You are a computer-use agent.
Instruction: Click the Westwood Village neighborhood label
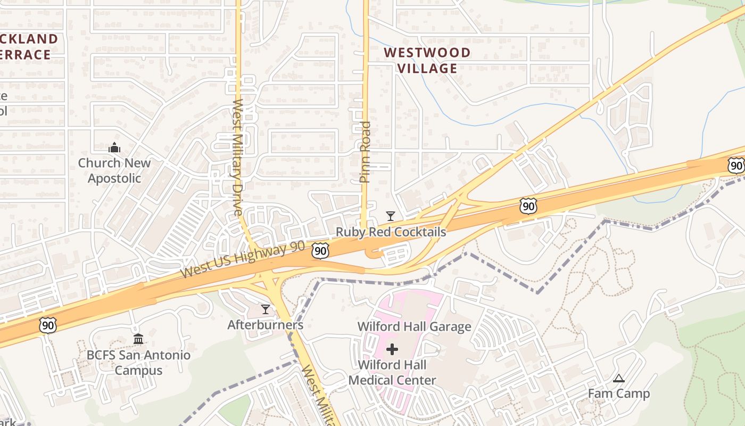(x=427, y=60)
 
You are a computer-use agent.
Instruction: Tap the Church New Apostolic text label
(x=114, y=170)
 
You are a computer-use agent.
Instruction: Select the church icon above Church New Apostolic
(x=114, y=148)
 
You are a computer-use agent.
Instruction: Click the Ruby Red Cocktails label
(x=391, y=232)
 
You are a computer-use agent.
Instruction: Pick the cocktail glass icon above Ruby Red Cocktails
(x=391, y=216)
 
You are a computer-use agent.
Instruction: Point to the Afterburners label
(x=265, y=325)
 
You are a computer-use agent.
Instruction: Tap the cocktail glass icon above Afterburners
(x=265, y=309)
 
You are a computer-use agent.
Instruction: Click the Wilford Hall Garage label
(x=414, y=326)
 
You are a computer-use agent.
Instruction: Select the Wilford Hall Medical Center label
(x=392, y=373)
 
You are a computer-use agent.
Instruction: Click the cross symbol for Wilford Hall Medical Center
(x=392, y=349)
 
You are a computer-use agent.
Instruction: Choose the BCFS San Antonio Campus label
(x=138, y=363)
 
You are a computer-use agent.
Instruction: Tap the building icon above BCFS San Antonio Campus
(x=138, y=339)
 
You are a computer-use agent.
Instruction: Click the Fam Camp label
(x=618, y=394)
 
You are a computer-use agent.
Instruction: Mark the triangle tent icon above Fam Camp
(x=618, y=379)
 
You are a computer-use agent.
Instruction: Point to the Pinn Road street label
(x=365, y=152)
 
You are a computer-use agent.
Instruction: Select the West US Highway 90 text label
(x=243, y=260)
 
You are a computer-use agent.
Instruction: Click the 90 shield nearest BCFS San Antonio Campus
(x=47, y=325)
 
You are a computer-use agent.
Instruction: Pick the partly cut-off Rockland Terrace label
(x=27, y=46)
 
